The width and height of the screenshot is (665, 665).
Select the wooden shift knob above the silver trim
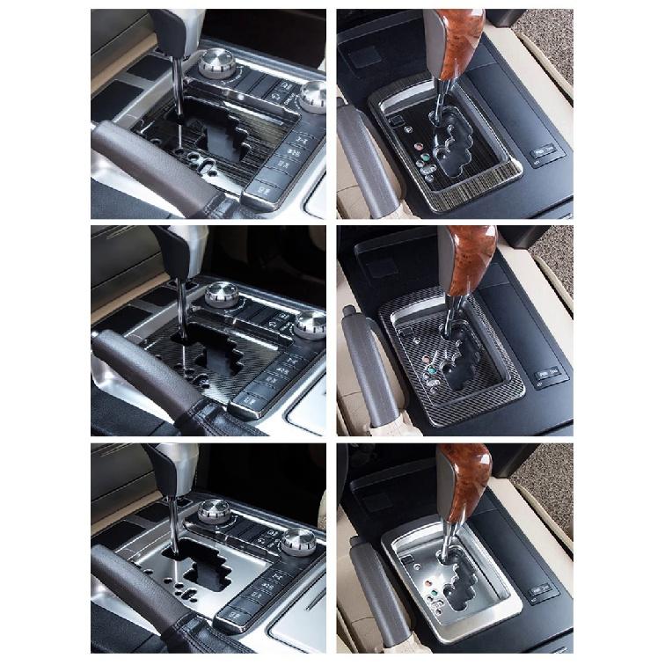coord(464,479)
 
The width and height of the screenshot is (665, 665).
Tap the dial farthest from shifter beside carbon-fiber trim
coord(310,322)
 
